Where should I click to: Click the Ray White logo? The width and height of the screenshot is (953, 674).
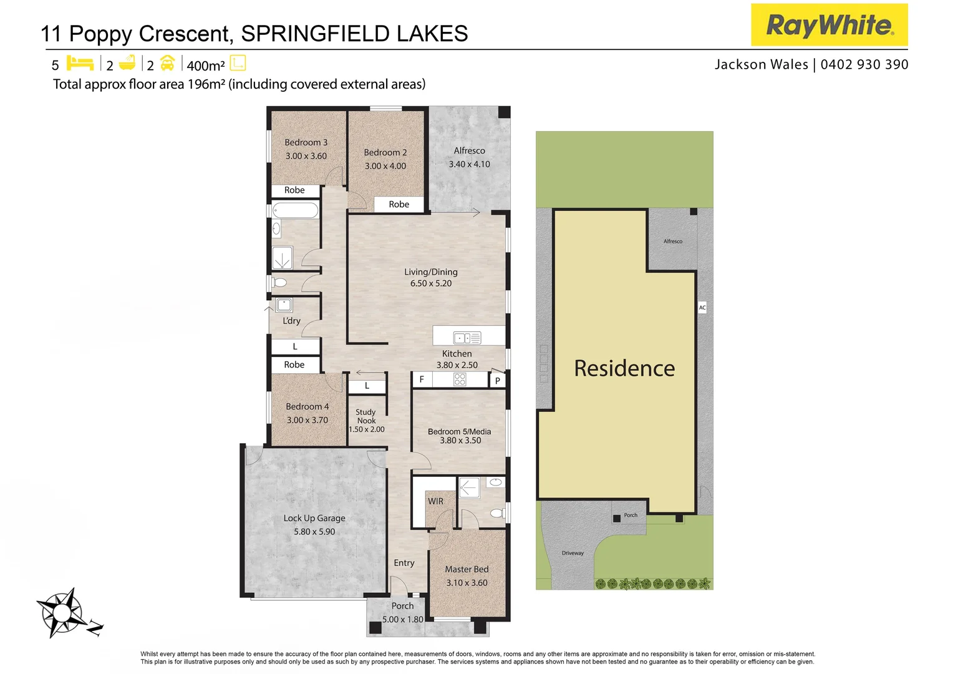pos(829,25)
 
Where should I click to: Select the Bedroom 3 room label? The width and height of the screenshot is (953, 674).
pos(306,142)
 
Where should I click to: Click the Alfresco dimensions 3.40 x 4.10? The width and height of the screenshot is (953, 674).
pos(469,164)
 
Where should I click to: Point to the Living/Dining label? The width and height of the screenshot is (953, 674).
pos(430,272)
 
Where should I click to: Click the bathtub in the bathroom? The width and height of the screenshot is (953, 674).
pos(296,210)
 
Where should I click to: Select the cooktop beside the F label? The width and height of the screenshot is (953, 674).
pos(460,379)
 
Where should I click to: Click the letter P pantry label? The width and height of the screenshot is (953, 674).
pos(497,380)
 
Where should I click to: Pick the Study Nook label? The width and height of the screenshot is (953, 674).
pos(366,416)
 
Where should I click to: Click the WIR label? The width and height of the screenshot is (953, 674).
pos(435,501)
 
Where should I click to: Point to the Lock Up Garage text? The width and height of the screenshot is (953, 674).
pos(314,518)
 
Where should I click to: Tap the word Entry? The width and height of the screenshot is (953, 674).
pos(404,563)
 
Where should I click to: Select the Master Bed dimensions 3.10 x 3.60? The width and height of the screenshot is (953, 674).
pos(467,583)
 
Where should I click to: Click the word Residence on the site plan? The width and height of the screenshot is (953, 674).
pos(624,368)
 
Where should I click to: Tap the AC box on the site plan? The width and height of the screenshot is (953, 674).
pos(702,307)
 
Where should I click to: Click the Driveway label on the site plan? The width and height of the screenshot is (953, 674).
pos(573,553)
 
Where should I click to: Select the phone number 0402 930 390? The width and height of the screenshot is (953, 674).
pos(864,64)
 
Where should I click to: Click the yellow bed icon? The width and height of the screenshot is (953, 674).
pos(80,63)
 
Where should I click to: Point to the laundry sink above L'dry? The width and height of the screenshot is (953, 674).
pos(284,305)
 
